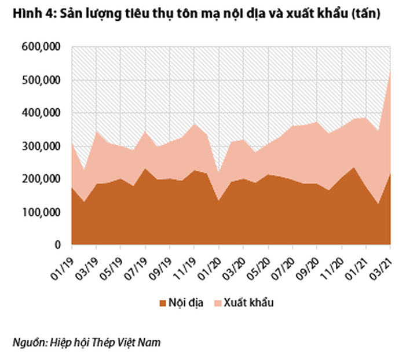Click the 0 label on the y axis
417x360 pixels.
coord(58,245)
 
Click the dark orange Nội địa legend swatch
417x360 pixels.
coord(162,303)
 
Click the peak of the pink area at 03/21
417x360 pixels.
coord(391,71)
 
